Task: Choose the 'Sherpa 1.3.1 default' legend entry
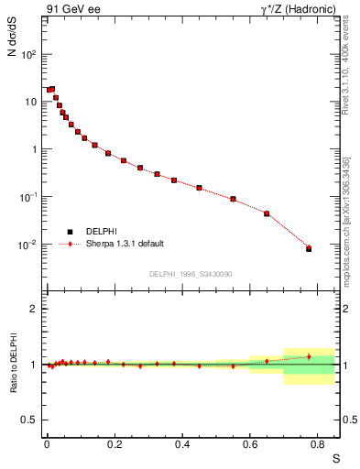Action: point(125,245)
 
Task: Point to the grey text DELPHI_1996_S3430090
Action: point(191,274)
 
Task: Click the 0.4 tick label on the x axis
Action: point(182,444)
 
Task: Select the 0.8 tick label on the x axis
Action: point(318,444)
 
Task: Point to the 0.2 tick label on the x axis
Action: point(115,444)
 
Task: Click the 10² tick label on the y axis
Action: point(30,54)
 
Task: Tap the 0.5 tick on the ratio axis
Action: point(30,420)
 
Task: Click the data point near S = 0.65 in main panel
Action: point(267,213)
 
